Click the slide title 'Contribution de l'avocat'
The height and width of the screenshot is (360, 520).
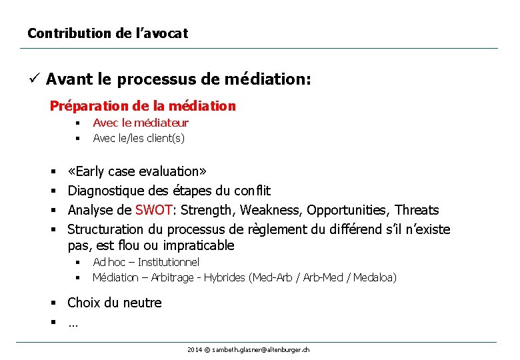(107, 33)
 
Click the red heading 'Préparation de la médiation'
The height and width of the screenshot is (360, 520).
(143, 106)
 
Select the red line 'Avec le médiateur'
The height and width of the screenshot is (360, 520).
(141, 123)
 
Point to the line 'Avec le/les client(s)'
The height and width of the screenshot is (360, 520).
(139, 138)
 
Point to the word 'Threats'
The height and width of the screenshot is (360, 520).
(417, 211)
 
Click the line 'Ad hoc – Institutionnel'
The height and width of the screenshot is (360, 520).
(146, 262)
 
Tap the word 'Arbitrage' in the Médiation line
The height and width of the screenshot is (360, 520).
(173, 277)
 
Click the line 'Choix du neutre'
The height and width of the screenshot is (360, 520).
(115, 303)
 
